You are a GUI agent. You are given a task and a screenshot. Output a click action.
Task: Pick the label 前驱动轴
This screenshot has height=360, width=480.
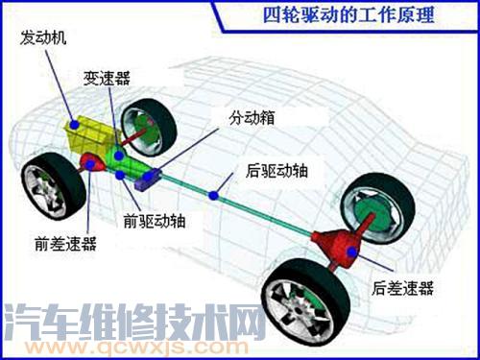coord(155,220)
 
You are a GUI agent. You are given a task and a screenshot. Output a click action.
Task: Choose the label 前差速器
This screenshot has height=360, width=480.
coord(63,246)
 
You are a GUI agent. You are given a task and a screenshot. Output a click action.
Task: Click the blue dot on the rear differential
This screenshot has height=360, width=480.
coord(353,252)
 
